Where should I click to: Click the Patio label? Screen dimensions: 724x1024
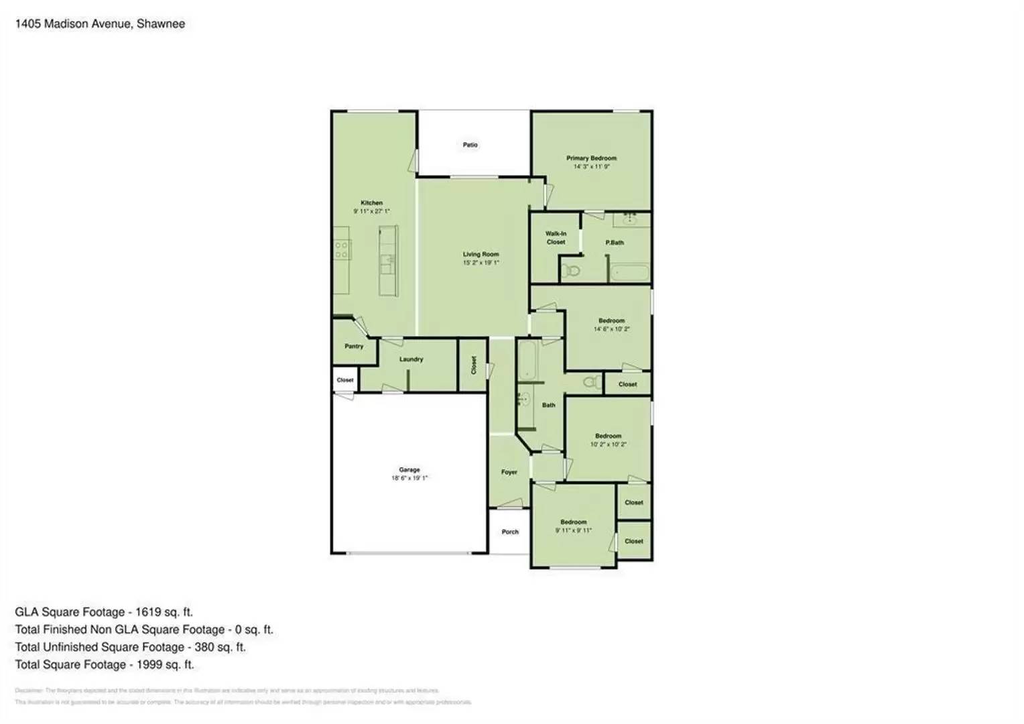coord(470,145)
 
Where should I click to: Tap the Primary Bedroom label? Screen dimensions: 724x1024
coord(591,158)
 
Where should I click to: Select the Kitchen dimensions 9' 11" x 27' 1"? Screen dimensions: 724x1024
coord(371,211)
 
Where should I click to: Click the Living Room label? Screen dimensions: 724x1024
coord(481,254)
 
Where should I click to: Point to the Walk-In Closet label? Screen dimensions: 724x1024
coord(556,238)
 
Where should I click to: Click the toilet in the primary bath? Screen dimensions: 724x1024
coord(570,271)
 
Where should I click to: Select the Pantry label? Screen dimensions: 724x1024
coord(354,347)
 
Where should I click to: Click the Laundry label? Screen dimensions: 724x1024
coord(411,359)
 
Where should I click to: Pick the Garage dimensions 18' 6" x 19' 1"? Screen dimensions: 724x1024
coord(409,479)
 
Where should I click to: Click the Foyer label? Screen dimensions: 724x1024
coord(509,472)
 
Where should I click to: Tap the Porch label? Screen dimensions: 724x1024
coord(510,532)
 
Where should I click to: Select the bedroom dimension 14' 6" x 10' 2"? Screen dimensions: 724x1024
coord(611,329)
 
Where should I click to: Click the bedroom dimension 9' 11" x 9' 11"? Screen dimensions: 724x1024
coord(573,530)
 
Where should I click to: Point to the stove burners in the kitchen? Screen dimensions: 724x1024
coord(341,250)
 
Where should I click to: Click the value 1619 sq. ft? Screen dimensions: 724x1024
coord(164,612)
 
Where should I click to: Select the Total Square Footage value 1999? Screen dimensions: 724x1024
coord(151,665)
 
